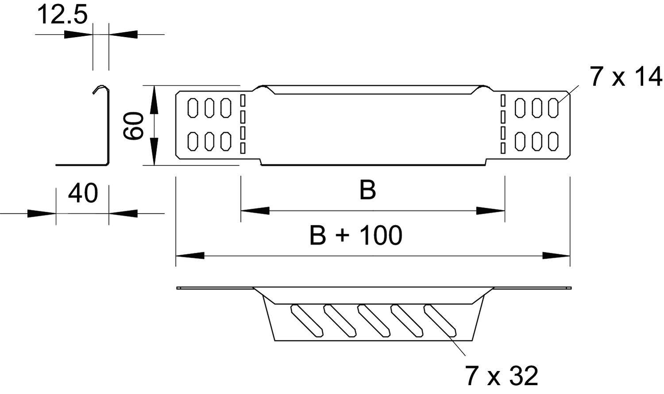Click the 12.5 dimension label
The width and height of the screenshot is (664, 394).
tap(62, 15)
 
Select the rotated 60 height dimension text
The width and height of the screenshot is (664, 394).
tap(133, 126)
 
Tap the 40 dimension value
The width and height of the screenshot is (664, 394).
tap(83, 194)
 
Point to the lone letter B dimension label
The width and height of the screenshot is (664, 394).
tap(367, 190)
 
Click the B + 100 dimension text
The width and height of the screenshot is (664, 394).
tap(356, 235)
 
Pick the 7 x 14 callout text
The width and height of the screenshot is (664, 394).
tap(625, 77)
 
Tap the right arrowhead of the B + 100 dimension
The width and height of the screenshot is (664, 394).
tap(556, 255)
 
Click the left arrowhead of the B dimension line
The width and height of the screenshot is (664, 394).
tap(255, 210)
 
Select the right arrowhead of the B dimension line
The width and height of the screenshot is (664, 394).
tap(490, 210)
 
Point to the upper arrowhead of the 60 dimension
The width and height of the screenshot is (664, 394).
tap(154, 99)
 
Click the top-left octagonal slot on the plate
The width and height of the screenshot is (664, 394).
tap(193, 108)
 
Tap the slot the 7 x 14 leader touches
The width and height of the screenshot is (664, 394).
tap(553, 108)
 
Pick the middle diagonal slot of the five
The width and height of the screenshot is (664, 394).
tap(374, 320)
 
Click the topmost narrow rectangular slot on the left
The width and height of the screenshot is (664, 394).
tap(242, 100)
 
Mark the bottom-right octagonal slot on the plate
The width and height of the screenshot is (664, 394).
tap(553, 141)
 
